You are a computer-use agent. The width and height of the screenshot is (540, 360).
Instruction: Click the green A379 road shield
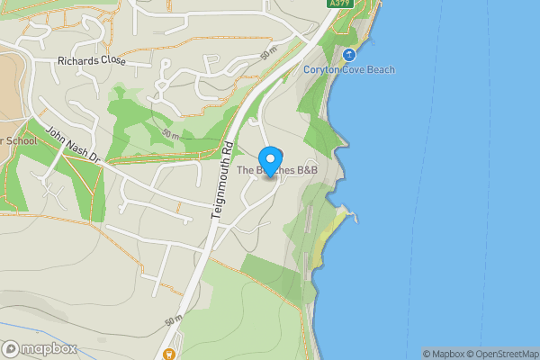[338, 4]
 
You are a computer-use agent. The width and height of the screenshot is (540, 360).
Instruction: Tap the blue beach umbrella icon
[350, 55]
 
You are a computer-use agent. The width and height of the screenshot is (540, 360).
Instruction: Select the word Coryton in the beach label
[322, 70]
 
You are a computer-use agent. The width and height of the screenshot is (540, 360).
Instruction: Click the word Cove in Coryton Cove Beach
[355, 70]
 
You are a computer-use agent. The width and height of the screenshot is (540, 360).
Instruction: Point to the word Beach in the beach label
[382, 70]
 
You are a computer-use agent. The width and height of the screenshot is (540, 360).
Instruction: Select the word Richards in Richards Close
[78, 61]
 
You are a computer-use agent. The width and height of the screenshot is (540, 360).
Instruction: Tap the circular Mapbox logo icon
[11, 348]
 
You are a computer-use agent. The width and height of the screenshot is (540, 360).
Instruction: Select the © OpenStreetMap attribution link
[507, 354]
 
